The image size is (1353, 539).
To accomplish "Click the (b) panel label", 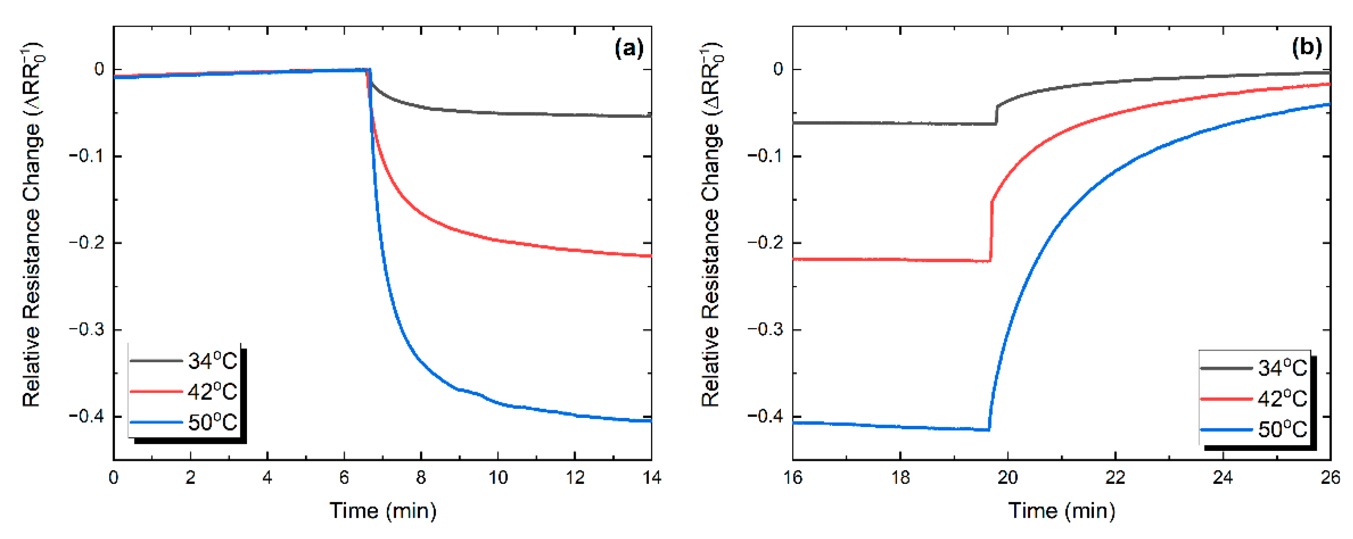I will [x=1306, y=48].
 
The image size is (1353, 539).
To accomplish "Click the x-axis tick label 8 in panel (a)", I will [x=421, y=478].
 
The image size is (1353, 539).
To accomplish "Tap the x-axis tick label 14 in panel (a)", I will [x=651, y=478].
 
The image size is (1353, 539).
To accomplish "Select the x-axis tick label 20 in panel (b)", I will [x=1007, y=478].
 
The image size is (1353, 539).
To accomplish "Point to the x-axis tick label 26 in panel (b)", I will [x=1330, y=478].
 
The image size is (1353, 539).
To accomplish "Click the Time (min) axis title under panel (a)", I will [x=382, y=511].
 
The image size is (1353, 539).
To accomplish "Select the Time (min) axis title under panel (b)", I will [x=1061, y=511].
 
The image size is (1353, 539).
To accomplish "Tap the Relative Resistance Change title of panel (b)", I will [x=711, y=226].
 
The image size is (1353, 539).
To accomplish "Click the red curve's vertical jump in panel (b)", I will [x=991, y=231].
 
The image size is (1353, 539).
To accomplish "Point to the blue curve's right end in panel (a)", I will [x=650, y=420].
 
